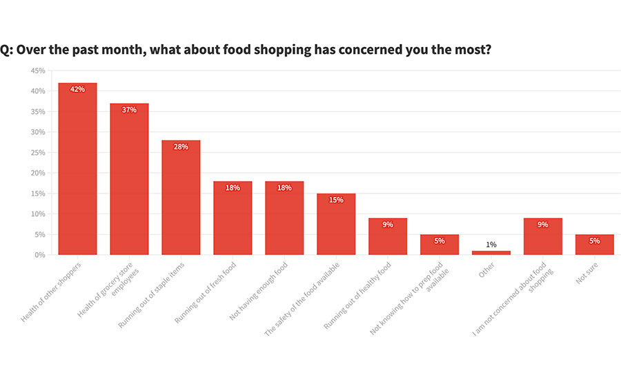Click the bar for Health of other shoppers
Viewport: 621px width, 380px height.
click(x=77, y=169)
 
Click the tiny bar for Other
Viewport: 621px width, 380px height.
click(x=491, y=253)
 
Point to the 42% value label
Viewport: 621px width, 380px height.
click(x=77, y=90)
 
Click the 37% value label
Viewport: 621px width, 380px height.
click(x=129, y=110)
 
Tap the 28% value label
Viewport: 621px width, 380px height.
click(x=181, y=146)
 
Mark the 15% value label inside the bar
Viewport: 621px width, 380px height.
click(x=336, y=200)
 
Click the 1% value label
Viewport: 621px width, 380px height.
click(x=491, y=245)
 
